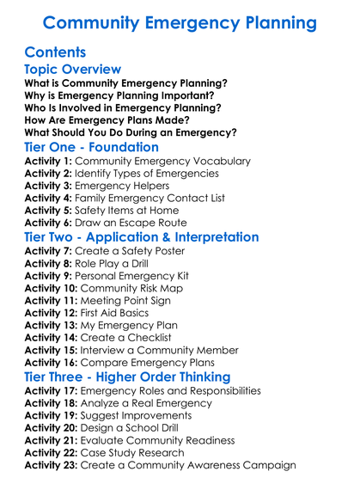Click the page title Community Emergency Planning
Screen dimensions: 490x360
[180, 22]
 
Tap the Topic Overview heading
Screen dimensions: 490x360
[73, 70]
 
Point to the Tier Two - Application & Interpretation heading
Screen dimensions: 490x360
[142, 236]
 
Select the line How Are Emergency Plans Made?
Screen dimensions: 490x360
[105, 120]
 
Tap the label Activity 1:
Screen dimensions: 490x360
[49, 161]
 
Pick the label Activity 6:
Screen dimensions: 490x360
[49, 222]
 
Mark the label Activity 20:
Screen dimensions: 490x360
[52, 428]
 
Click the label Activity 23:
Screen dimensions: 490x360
[52, 465]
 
